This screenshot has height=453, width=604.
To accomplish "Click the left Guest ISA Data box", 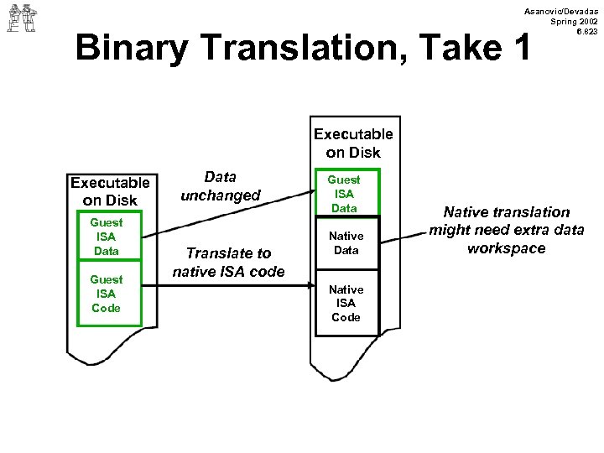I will (107, 237).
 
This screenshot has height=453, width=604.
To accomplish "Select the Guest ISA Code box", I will (107, 293).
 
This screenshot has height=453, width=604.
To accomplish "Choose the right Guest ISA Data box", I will (344, 193).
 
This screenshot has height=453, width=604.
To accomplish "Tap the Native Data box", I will (346, 242).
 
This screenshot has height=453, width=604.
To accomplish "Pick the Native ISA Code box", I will (346, 302).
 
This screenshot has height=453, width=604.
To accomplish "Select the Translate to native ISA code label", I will (228, 262).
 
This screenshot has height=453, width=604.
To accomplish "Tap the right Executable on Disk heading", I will (352, 143).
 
